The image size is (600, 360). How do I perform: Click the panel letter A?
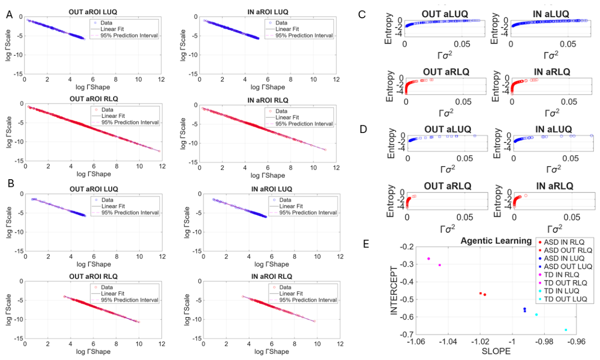click(10, 15)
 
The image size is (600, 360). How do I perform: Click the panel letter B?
click(11, 184)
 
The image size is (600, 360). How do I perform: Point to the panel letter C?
click(362, 15)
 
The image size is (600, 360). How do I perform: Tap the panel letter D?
click(363, 129)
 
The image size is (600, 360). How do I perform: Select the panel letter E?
click(366, 244)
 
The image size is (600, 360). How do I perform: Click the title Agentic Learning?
click(496, 241)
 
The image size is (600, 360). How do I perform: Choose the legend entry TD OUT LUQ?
click(565, 299)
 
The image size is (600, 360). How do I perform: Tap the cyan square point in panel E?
click(565, 330)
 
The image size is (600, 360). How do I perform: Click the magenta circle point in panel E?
click(428, 258)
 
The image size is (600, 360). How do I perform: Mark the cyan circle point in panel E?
click(536, 314)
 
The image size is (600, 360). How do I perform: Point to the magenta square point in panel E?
click(440, 265)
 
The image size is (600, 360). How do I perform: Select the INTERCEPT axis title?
click(394, 290)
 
